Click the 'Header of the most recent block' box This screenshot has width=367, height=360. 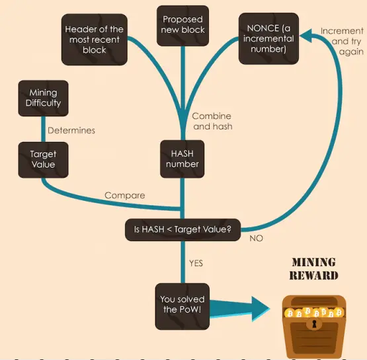(x=95, y=40)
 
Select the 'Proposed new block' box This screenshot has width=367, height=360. (x=183, y=26)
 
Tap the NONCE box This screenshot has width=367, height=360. (x=268, y=38)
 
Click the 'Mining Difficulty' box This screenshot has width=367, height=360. (x=43, y=98)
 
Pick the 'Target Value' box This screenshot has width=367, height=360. (x=43, y=160)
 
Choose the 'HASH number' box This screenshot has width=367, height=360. (x=183, y=159)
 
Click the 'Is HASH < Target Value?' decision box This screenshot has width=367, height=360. (x=183, y=230)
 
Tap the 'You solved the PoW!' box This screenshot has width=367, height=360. (x=183, y=306)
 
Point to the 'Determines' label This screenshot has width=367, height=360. (x=71, y=130)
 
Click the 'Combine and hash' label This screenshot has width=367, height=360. (x=212, y=122)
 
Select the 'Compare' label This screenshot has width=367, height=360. (x=125, y=196)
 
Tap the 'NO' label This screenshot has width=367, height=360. (x=257, y=238)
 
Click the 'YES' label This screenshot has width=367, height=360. (x=196, y=263)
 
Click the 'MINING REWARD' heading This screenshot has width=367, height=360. (x=314, y=269)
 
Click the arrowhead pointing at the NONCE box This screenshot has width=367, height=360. (x=306, y=36)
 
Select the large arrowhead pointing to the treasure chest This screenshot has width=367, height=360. (x=261, y=308)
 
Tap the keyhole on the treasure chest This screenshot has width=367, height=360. (x=314, y=324)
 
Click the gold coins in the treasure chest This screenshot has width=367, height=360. (x=314, y=312)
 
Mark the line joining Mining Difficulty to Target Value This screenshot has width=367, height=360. (x=43, y=129)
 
